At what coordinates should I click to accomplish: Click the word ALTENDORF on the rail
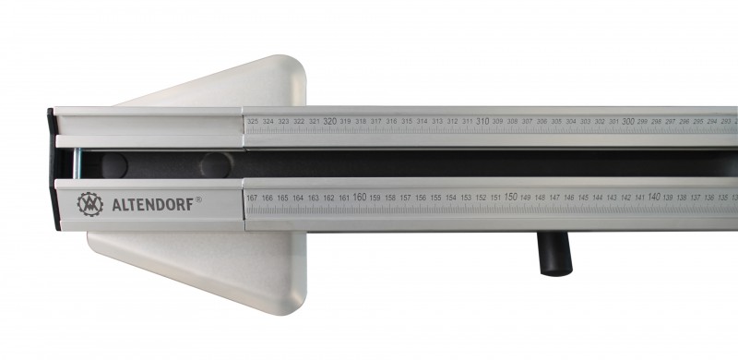(x=152, y=204)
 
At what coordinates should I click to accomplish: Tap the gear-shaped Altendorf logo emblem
(x=90, y=204)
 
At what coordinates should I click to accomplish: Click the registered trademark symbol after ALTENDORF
(x=198, y=200)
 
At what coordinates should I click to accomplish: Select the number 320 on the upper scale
(x=329, y=121)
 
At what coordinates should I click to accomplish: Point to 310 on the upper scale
(x=482, y=121)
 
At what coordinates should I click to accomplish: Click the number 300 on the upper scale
(x=628, y=121)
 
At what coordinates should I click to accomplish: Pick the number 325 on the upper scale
(x=253, y=121)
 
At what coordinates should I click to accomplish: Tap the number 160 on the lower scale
(x=359, y=197)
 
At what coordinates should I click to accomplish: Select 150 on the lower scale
(x=510, y=197)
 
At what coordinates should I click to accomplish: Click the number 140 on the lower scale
(x=654, y=197)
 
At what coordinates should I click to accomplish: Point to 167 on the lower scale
(x=253, y=198)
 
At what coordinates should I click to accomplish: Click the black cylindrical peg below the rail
(x=553, y=253)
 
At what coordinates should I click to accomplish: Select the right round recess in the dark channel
(x=216, y=165)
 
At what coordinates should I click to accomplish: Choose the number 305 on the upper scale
(x=556, y=122)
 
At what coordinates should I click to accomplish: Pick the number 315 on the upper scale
(x=407, y=122)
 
